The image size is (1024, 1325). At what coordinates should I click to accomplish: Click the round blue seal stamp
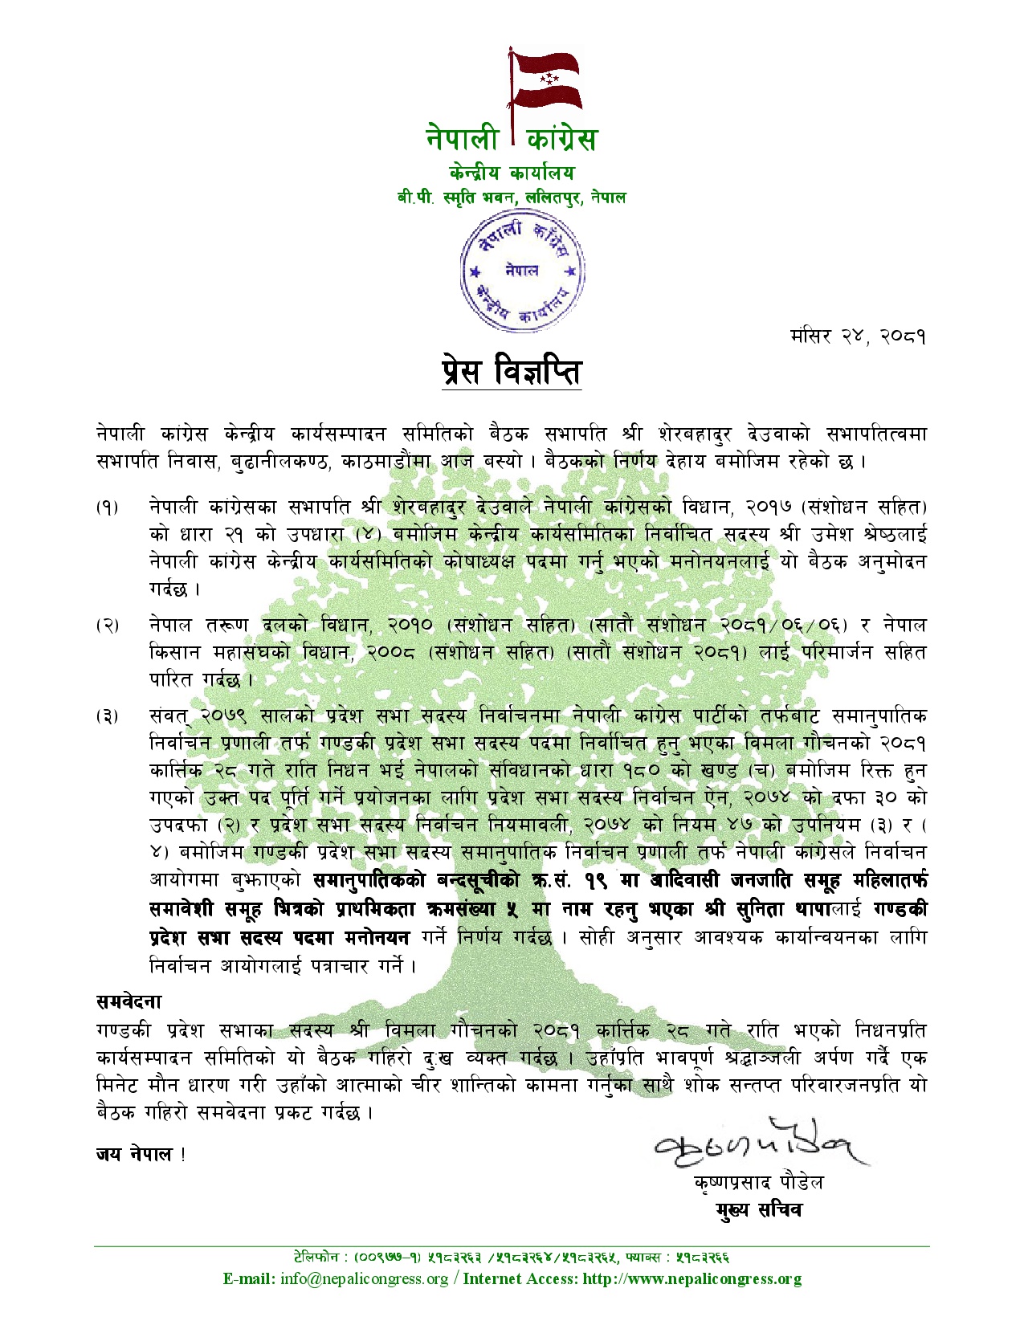522,271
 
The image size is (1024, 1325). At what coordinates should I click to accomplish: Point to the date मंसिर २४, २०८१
858,336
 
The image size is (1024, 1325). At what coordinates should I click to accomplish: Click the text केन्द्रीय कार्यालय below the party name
512,173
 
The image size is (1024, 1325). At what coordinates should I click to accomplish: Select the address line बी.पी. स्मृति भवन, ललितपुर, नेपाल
512,198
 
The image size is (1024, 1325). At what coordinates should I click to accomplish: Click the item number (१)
107,508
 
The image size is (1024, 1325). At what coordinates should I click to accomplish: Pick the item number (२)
107,626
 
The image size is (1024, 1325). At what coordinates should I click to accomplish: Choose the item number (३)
107,716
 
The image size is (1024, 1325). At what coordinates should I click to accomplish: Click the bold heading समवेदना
129,1001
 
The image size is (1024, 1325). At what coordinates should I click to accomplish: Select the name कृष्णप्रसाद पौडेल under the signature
758,1183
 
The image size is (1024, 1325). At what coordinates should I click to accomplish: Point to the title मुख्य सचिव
758,1210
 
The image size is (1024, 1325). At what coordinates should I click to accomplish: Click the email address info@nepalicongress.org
365,1279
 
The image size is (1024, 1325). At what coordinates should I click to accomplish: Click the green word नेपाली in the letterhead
463,139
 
